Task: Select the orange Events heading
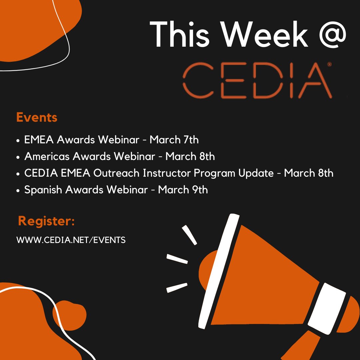tap(37, 117)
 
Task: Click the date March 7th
tap(174, 140)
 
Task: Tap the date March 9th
tap(183, 190)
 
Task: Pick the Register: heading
tap(46, 221)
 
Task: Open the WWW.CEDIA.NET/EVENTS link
tap(71, 240)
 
